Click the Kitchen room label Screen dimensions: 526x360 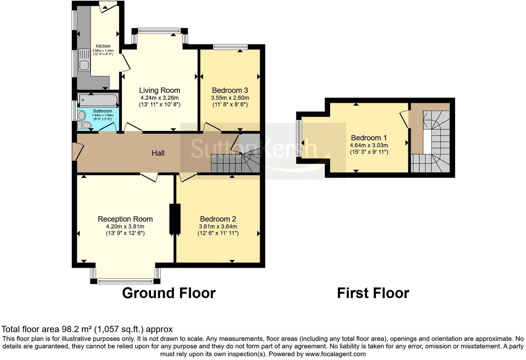click(x=103, y=46)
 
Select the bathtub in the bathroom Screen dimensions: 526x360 click(x=98, y=100)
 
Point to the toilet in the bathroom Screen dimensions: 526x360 click(x=84, y=125)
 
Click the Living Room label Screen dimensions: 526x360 click(x=160, y=90)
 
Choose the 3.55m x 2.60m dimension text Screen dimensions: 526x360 click(x=230, y=98)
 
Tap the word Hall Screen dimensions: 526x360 click(x=158, y=153)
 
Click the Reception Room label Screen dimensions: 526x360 click(x=125, y=219)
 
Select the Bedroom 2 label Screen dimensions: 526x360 click(x=218, y=219)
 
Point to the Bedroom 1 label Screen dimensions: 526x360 click(x=369, y=138)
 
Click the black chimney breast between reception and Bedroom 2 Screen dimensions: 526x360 click(x=175, y=219)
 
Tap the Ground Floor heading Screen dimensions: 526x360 click(x=169, y=293)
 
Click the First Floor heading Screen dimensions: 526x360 click(x=373, y=293)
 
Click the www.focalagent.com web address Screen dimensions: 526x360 click(x=335, y=354)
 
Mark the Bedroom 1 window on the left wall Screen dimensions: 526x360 click(x=299, y=138)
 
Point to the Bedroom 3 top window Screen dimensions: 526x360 click(x=230, y=47)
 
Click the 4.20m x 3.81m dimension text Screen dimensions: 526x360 click(x=125, y=227)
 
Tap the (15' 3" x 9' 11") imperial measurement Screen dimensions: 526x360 click(x=369, y=152)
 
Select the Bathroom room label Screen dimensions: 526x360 click(x=103, y=111)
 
